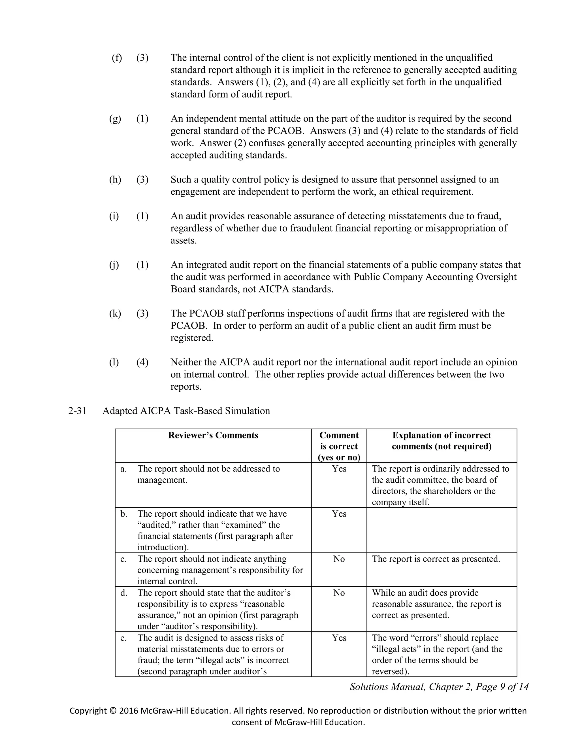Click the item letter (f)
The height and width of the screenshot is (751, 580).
[117, 58]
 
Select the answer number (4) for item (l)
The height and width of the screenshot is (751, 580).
[142, 362]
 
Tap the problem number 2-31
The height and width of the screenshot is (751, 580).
[77, 411]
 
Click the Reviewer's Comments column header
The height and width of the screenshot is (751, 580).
[213, 435]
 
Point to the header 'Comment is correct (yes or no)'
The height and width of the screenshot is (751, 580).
[339, 446]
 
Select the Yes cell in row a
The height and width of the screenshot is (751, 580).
[339, 469]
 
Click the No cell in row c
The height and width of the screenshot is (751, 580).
[339, 559]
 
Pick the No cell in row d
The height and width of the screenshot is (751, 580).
[339, 593]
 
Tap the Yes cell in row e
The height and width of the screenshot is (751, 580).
[339, 638]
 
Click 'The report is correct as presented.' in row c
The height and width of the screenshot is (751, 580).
[436, 559]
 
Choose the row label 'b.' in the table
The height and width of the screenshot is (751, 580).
[124, 514]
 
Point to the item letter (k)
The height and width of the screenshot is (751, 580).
[115, 314]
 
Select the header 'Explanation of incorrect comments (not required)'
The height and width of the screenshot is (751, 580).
[442, 441]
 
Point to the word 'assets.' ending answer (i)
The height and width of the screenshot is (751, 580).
[184, 241]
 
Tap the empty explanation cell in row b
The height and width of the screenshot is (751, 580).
[442, 530]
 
